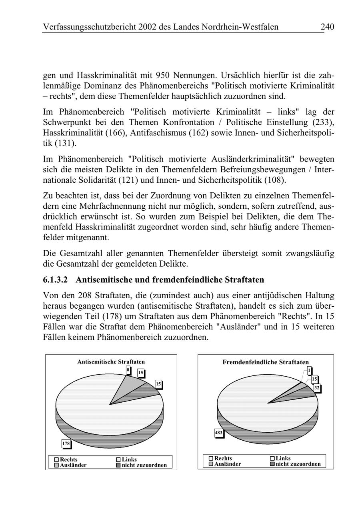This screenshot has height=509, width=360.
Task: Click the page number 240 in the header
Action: point(327,27)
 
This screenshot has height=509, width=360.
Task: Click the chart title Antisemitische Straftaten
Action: point(111,361)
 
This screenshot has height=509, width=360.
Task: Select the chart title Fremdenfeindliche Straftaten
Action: point(266,362)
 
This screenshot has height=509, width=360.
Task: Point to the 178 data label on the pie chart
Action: point(66,443)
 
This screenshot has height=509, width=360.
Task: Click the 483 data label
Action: point(219,433)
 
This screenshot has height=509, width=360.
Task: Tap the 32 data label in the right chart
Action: point(317,388)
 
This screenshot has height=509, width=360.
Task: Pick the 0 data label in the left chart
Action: point(128,370)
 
